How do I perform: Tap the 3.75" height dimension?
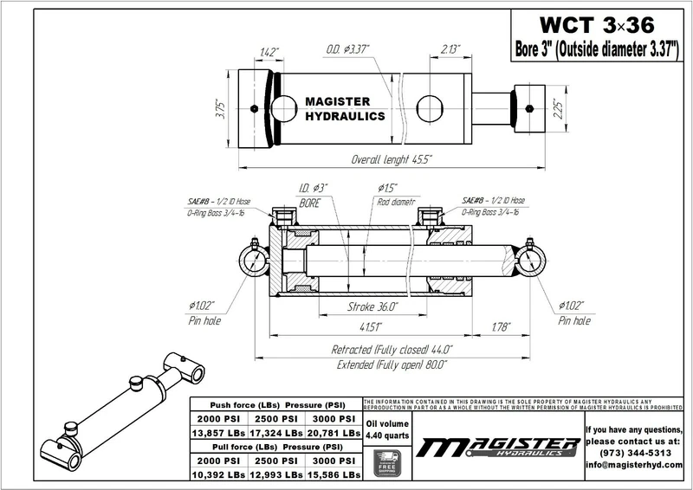tap(222, 108)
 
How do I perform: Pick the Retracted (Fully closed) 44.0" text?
tap(392, 350)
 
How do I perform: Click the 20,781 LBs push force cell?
tap(335, 430)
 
